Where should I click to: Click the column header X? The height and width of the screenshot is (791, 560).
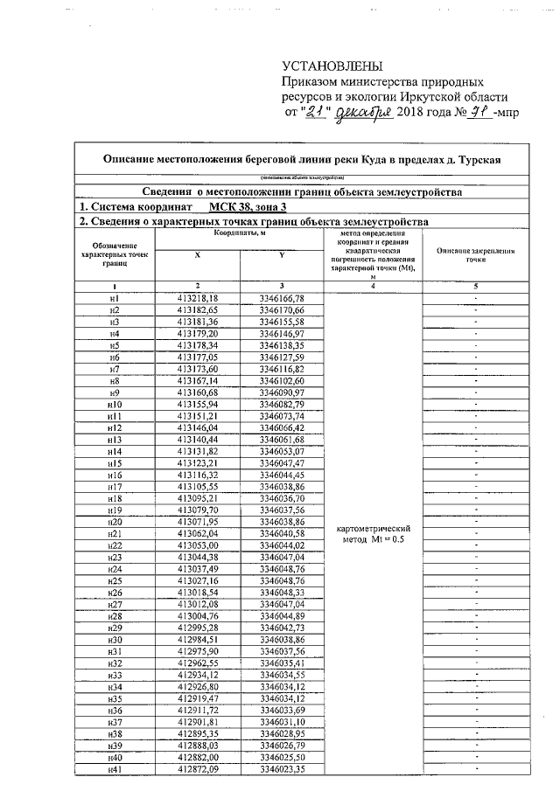[197, 254]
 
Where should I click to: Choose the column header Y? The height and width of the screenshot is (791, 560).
[281, 254]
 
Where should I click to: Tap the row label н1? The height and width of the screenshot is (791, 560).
[114, 299]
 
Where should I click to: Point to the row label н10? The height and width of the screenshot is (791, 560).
[114, 406]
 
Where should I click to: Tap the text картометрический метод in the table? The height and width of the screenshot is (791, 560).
[374, 535]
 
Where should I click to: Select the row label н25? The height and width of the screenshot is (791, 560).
[114, 579]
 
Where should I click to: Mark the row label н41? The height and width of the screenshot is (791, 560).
[114, 768]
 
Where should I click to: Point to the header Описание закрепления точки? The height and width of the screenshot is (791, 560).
[475, 255]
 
